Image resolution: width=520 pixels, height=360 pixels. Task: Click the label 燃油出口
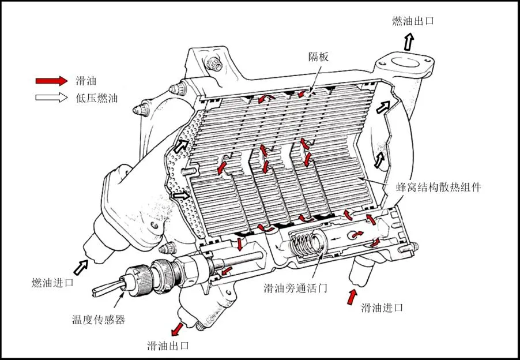[x=413, y=21]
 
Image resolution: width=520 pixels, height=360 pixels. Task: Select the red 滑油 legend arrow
[x=51, y=81]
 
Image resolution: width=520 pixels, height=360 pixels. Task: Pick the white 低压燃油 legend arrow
[x=51, y=97]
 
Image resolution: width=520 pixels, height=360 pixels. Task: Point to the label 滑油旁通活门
[x=296, y=288]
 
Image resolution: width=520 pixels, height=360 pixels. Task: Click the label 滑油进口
[x=382, y=307]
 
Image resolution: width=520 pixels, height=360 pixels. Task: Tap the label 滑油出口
[x=168, y=346]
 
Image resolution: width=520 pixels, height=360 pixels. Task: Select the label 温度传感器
[x=99, y=320]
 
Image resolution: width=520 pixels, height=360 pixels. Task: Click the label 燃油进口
[x=52, y=283]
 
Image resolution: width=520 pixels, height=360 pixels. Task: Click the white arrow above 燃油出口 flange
[x=409, y=42]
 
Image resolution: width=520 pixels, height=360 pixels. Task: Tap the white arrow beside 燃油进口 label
[x=81, y=268]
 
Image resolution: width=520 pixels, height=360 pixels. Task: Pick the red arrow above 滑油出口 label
[x=178, y=329]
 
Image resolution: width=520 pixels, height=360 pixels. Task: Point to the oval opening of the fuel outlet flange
[x=406, y=62]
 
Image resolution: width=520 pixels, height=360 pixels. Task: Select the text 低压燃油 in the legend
[x=97, y=98]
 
